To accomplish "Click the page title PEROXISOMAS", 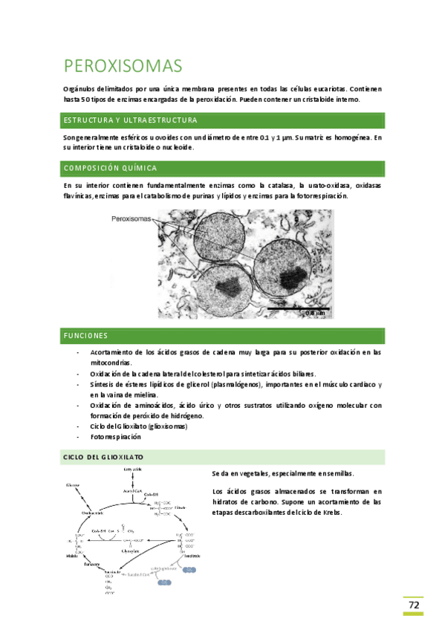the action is coord(123,66).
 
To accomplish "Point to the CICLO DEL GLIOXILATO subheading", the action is coord(103,456).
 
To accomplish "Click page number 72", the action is coord(413,605).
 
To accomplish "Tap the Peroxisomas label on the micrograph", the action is coord(131,219).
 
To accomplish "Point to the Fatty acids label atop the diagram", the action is coord(133,470).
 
